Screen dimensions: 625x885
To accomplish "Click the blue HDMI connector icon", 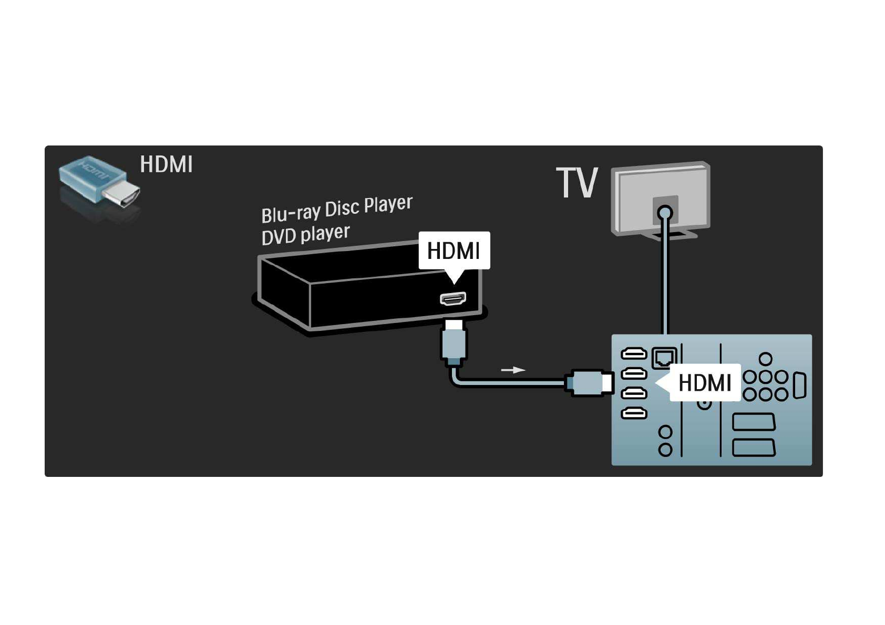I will (98, 180).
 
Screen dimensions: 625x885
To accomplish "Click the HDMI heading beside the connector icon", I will (166, 164).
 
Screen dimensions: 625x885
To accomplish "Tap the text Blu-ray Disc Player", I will (336, 209).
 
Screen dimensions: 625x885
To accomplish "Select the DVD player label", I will (305, 234).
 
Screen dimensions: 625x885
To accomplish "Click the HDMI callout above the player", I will (454, 251).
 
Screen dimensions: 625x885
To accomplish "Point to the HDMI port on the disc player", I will (453, 299).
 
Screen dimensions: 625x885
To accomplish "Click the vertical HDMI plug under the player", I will (454, 342).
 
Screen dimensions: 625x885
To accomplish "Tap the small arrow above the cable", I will (513, 370).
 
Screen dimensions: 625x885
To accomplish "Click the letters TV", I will (577, 183).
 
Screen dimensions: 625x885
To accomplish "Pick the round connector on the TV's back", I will (665, 213).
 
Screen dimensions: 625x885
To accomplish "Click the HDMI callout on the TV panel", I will (704, 383).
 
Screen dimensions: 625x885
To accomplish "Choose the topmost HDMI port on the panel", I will (634, 353).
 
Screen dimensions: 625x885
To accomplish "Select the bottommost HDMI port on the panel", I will (634, 414).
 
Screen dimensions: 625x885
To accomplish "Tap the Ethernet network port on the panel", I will (664, 358).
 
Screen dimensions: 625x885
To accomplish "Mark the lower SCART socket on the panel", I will (754, 447).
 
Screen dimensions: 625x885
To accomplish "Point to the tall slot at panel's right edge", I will (799, 386).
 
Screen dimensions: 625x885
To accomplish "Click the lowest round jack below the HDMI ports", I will (665, 450).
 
